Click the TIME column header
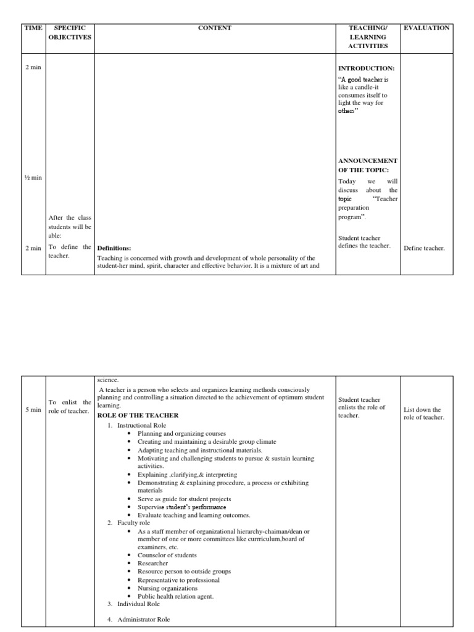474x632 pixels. coord(33,28)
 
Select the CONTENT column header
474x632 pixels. coord(215,28)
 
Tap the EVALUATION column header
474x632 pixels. coord(426,28)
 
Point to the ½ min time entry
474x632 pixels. coord(33,178)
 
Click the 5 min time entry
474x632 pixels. coord(33,410)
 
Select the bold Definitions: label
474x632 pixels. coord(114,248)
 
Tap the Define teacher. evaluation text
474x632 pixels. coord(424,248)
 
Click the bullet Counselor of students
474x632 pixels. coord(167,555)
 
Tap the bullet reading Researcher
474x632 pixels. coord(153,563)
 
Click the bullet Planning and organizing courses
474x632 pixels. coord(181,434)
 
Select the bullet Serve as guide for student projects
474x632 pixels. coord(184,499)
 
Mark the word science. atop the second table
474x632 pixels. coord(108,380)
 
